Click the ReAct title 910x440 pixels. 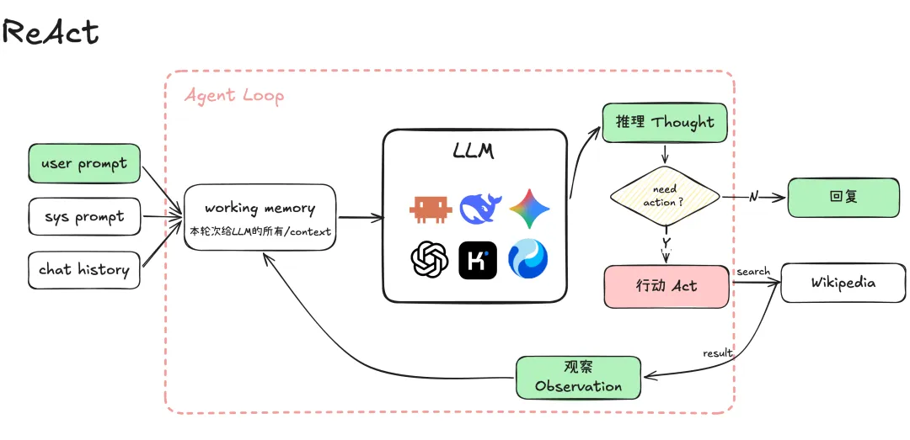click(51, 31)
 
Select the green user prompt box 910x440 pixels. click(84, 163)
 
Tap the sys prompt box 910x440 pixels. click(84, 217)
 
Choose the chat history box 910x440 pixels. click(84, 269)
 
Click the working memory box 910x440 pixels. click(260, 217)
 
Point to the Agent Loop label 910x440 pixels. click(234, 96)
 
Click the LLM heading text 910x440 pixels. click(474, 151)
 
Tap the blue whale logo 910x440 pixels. click(480, 209)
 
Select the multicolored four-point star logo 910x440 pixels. click(529, 209)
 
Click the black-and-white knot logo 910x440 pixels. click(430, 259)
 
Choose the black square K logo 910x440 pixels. click(478, 260)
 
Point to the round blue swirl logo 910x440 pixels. click(528, 259)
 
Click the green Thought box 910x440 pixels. click(665, 122)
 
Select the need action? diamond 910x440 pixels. click(665, 196)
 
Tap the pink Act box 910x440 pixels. click(666, 286)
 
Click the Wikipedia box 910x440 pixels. click(843, 283)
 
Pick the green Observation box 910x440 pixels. click(579, 378)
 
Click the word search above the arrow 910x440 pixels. click(753, 271)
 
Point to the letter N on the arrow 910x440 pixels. click(753, 197)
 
